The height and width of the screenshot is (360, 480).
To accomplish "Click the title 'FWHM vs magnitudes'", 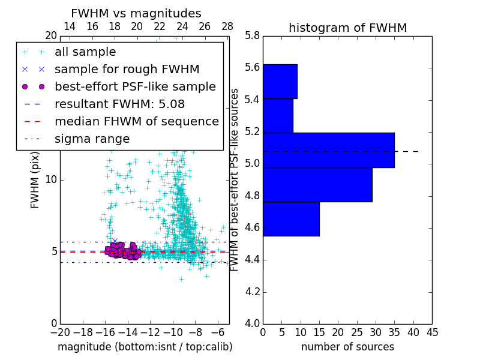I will [136, 13].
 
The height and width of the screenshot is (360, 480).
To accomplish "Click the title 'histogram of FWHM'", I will [347, 28].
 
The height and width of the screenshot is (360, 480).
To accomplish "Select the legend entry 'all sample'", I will [85, 52].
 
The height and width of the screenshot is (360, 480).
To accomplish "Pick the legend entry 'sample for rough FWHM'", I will [127, 70].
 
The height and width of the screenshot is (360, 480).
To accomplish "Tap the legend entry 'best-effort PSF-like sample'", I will [135, 87].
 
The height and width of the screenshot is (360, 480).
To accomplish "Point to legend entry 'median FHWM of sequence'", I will [136, 122].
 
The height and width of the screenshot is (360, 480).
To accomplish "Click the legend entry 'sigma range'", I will [92, 139].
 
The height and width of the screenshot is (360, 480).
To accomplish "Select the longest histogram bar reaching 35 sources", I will [328, 150].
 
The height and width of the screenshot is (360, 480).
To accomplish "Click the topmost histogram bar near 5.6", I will [280, 81].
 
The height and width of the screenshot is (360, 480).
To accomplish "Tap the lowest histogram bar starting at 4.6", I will [291, 219].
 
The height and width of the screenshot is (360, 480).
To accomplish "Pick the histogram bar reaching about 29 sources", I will [317, 185].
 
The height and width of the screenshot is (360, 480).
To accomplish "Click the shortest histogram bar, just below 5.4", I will [278, 116].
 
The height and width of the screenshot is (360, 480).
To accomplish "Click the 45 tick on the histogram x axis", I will [432, 331].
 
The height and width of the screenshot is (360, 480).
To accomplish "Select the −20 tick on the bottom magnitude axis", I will [59, 331].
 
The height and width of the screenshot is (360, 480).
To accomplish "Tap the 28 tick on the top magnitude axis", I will [227, 26].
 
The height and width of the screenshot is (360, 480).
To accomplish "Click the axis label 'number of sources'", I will [347, 347].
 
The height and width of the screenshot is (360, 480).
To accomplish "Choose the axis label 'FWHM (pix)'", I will [35, 179].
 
